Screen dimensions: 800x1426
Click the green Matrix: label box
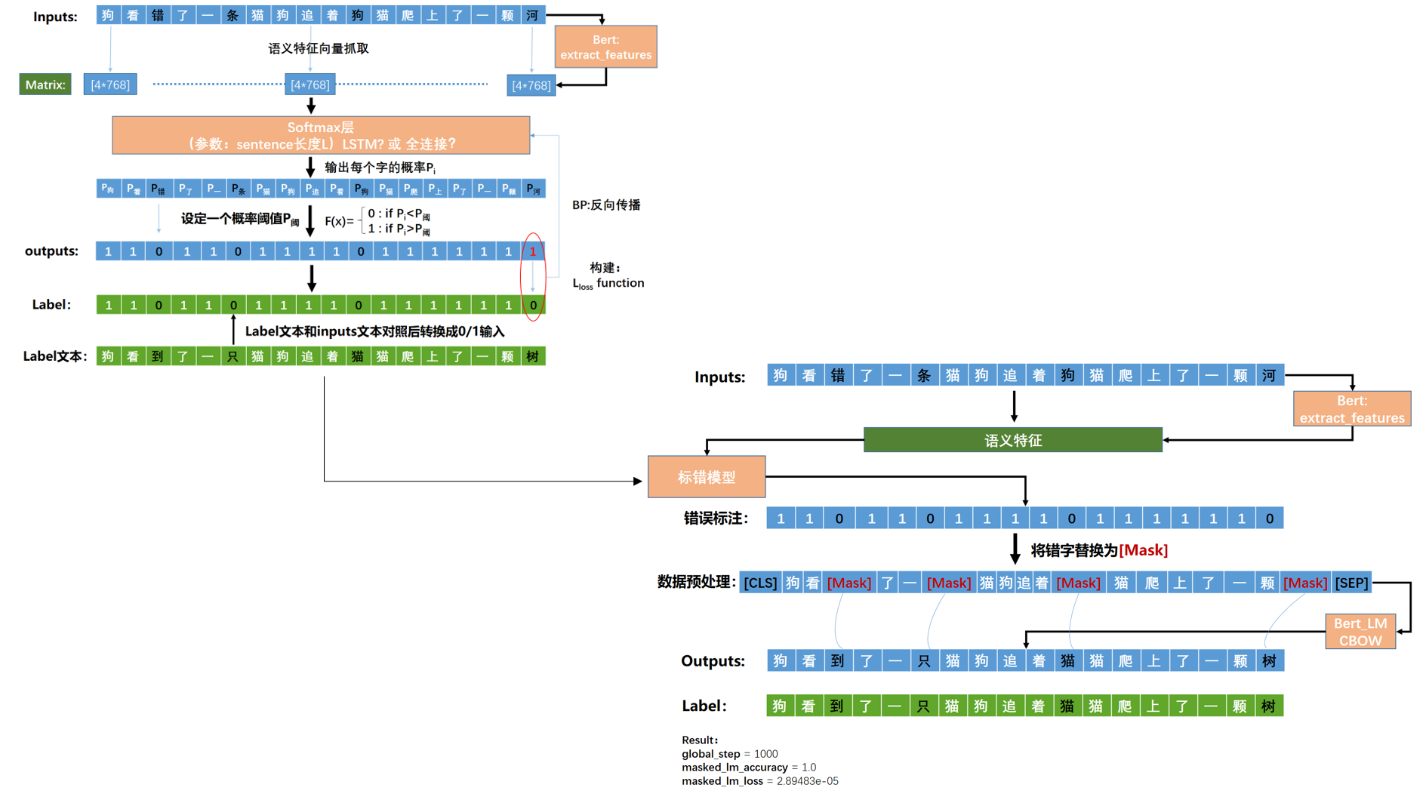(45, 85)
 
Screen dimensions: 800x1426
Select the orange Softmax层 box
(321, 135)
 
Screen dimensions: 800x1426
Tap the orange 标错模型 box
(707, 477)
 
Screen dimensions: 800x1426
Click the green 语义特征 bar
(1012, 440)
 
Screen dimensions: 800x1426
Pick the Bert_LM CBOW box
(1360, 632)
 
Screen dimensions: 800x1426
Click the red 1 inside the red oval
(533, 251)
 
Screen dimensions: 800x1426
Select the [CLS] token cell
(760, 583)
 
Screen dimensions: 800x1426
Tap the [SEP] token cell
(1351, 583)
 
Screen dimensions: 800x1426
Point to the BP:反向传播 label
(606, 205)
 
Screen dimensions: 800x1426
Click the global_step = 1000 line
(729, 754)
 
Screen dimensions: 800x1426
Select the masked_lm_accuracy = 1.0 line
(748, 768)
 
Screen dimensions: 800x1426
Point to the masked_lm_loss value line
(759, 781)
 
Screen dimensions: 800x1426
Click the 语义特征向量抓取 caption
(319, 48)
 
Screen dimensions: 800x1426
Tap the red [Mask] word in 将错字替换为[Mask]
(1143, 550)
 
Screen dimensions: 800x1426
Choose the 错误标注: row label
(716, 518)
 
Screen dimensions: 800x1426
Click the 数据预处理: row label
(696, 582)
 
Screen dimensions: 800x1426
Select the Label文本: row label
(55, 356)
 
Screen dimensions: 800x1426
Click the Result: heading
(700, 740)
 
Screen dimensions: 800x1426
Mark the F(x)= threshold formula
(377, 221)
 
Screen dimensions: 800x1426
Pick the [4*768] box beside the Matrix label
(110, 85)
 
